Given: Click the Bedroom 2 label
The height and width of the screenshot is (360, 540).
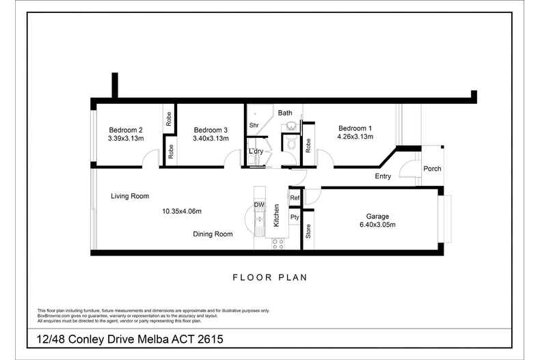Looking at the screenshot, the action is coord(126,130).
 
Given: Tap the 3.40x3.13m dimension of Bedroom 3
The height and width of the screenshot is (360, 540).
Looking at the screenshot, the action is coord(211,139).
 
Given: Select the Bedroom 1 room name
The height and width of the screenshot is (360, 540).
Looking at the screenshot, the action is coord(355,128).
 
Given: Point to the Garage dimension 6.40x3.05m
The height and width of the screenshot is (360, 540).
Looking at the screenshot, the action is coord(377,225).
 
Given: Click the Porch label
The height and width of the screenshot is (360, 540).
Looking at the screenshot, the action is coord(432,169).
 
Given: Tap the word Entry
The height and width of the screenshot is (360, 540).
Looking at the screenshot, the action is coord(383,176).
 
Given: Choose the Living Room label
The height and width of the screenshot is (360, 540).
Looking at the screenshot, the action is coord(130,196).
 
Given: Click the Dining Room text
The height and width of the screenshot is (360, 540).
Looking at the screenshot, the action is coord(213,234).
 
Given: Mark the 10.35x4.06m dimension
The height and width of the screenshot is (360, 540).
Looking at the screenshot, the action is coord(182,211).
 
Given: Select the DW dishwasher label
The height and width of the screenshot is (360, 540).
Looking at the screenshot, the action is coord(259,205).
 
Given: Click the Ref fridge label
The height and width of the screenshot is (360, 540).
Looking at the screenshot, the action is coord(295,198).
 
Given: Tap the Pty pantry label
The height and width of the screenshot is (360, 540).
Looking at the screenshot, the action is coord(295,217).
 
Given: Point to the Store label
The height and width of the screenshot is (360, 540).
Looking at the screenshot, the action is coord(308,232).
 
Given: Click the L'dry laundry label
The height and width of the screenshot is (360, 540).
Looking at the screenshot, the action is coord(256,151).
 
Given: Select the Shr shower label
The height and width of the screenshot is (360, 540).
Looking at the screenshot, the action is coord(254,125).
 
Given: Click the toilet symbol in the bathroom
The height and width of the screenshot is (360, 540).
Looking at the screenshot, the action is coord(291,143).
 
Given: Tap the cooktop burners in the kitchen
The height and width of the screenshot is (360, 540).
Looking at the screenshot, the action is coord(278,244).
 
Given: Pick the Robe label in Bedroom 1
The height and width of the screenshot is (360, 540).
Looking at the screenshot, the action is coord(308,146).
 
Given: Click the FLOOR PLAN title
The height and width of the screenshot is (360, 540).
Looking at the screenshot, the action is coord(270,277).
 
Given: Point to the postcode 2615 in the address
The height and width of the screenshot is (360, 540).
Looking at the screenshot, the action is coord(211,340).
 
